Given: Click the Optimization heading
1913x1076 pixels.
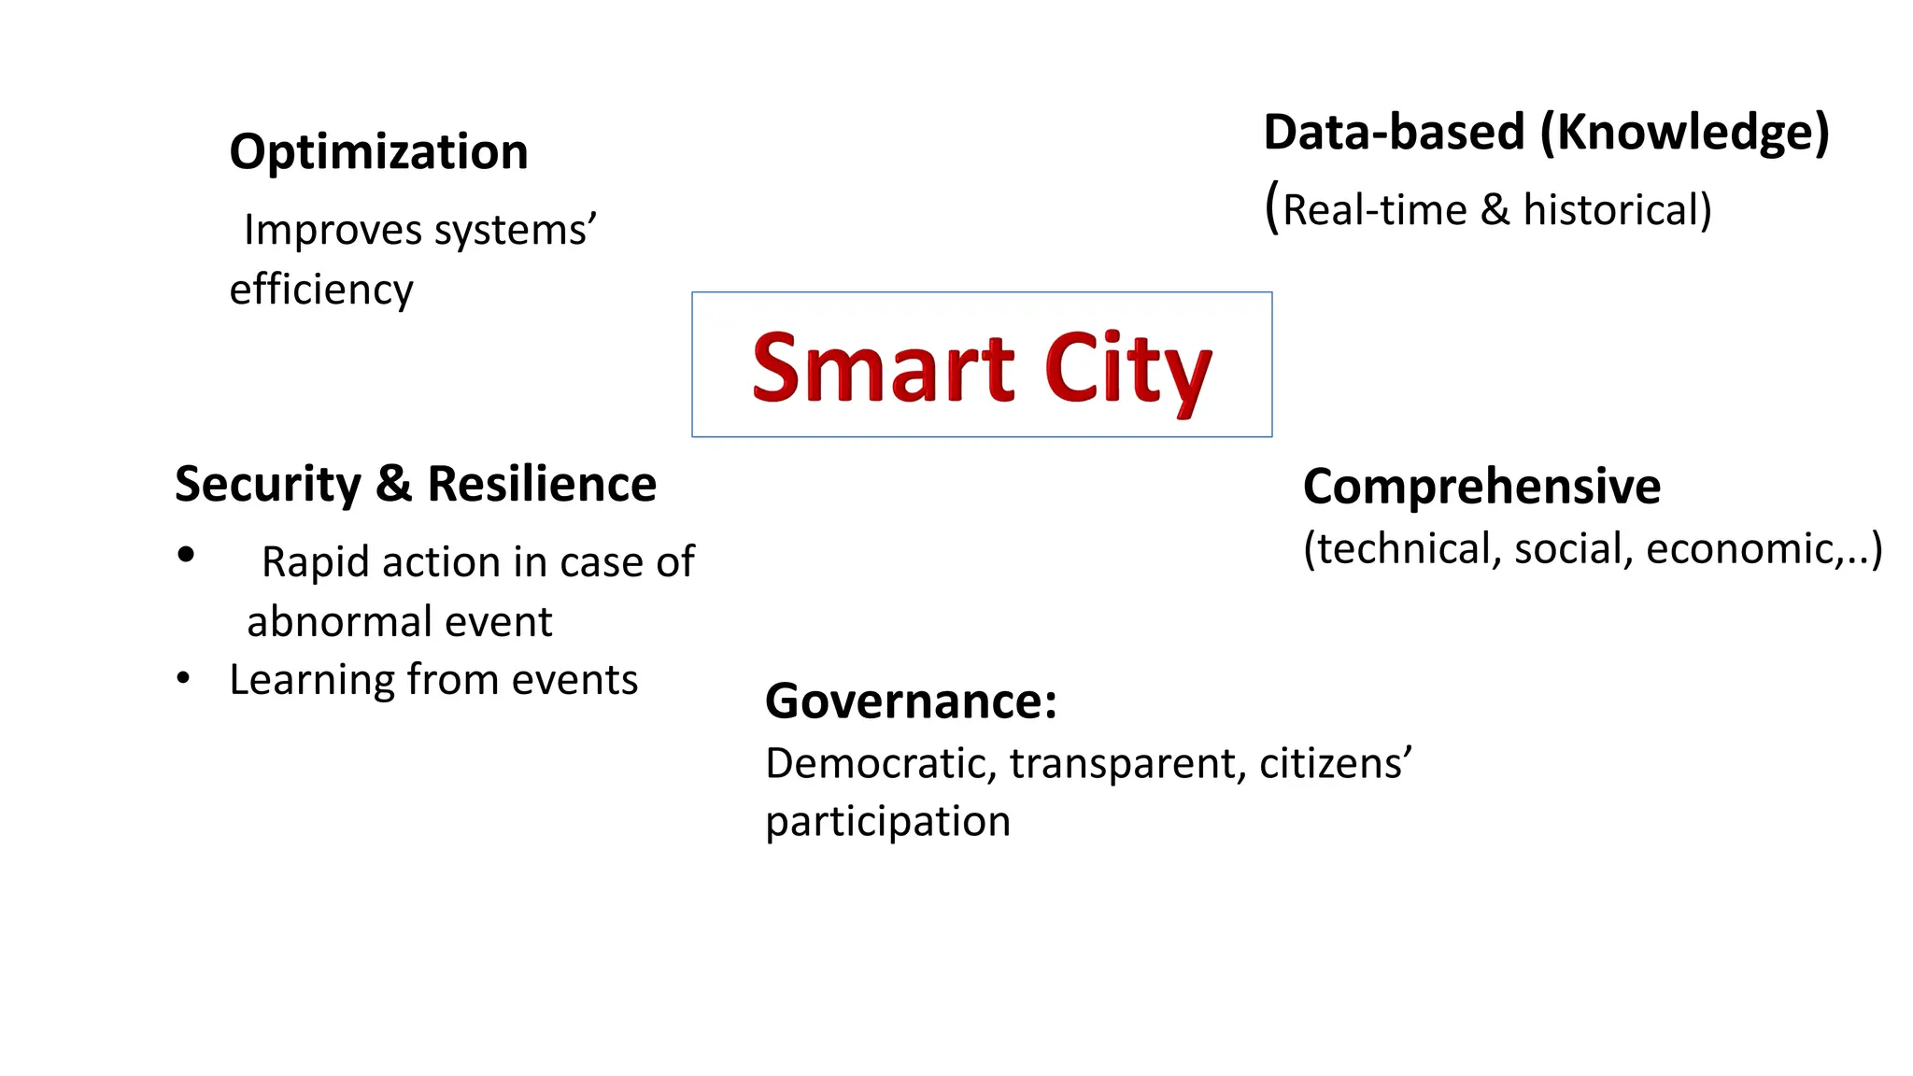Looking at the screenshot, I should tap(378, 152).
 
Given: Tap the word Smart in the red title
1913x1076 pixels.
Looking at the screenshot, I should tap(883, 368).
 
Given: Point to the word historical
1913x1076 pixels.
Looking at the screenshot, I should tap(1615, 210).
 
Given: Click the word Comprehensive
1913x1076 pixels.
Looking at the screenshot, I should tap(1481, 487).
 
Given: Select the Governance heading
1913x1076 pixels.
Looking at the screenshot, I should tap(911, 701).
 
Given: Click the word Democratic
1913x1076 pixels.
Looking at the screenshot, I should tap(881, 764).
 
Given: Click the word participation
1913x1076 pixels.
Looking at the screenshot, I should tap(887, 822).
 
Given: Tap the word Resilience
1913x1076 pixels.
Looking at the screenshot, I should tap(542, 485).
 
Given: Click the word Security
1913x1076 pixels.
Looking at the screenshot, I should tap(268, 485).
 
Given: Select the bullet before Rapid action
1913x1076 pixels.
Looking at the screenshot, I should tap(186, 556).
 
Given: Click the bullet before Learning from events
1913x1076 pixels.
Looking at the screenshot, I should tap(184, 678).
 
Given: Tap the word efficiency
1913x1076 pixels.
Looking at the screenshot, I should tap(321, 290).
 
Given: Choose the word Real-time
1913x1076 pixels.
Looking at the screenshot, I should tap(1374, 210).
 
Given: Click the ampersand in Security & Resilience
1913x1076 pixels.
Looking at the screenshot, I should tap(394, 485).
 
